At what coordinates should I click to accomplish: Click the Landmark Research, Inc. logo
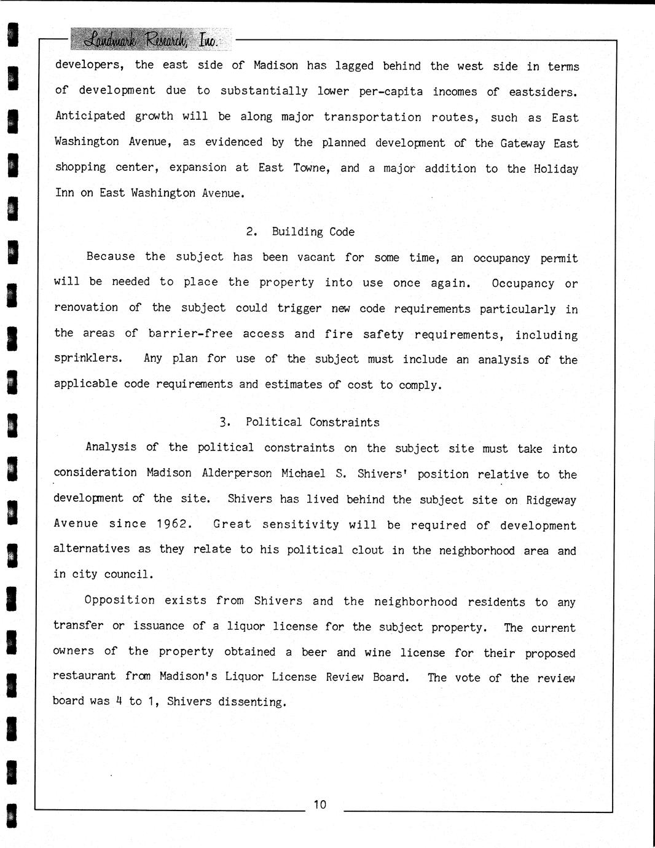tap(151, 40)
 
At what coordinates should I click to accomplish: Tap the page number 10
tap(320, 804)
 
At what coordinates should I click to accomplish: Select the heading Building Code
tap(313, 232)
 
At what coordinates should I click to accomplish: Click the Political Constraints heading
tap(312, 422)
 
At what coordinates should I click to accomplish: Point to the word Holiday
tap(555, 168)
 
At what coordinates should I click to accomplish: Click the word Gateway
tap(522, 143)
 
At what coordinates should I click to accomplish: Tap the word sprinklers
tap(88, 358)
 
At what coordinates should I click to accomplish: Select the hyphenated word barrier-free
tap(190, 334)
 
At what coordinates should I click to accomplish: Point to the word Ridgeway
tap(551, 500)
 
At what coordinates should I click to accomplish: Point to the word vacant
tap(316, 257)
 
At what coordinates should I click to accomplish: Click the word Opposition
tap(120, 600)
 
